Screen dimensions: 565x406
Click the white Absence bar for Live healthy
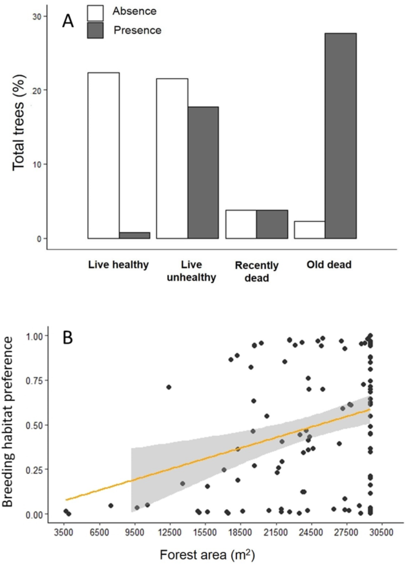pyautogui.click(x=104, y=155)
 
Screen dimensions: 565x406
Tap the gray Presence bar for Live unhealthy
pyautogui.click(x=203, y=172)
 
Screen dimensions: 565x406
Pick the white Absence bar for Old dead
pyautogui.click(x=309, y=230)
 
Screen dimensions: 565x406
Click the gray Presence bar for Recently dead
pyautogui.click(x=272, y=224)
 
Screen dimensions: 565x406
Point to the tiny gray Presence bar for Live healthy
pyautogui.click(x=135, y=235)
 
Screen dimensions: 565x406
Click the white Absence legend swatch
pyautogui.click(x=95, y=11)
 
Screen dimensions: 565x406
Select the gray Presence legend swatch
pyautogui.click(x=95, y=30)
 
